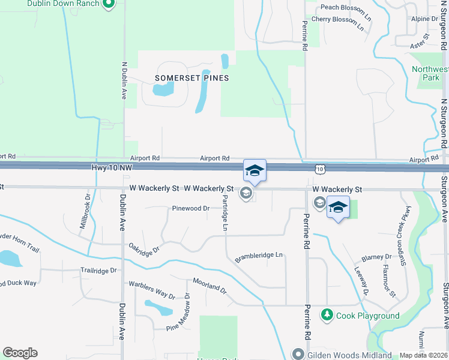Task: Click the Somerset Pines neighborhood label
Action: coord(192,78)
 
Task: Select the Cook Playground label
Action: coord(368,316)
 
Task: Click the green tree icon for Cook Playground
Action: coord(327,314)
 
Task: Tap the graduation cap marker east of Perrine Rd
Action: coord(339,208)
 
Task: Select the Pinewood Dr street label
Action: coord(190,209)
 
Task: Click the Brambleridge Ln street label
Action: coord(259,255)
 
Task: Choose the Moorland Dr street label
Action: coord(209,286)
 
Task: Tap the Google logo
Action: coord(20,353)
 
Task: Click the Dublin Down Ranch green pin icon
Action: coord(108,4)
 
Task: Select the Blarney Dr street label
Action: coord(376,257)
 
